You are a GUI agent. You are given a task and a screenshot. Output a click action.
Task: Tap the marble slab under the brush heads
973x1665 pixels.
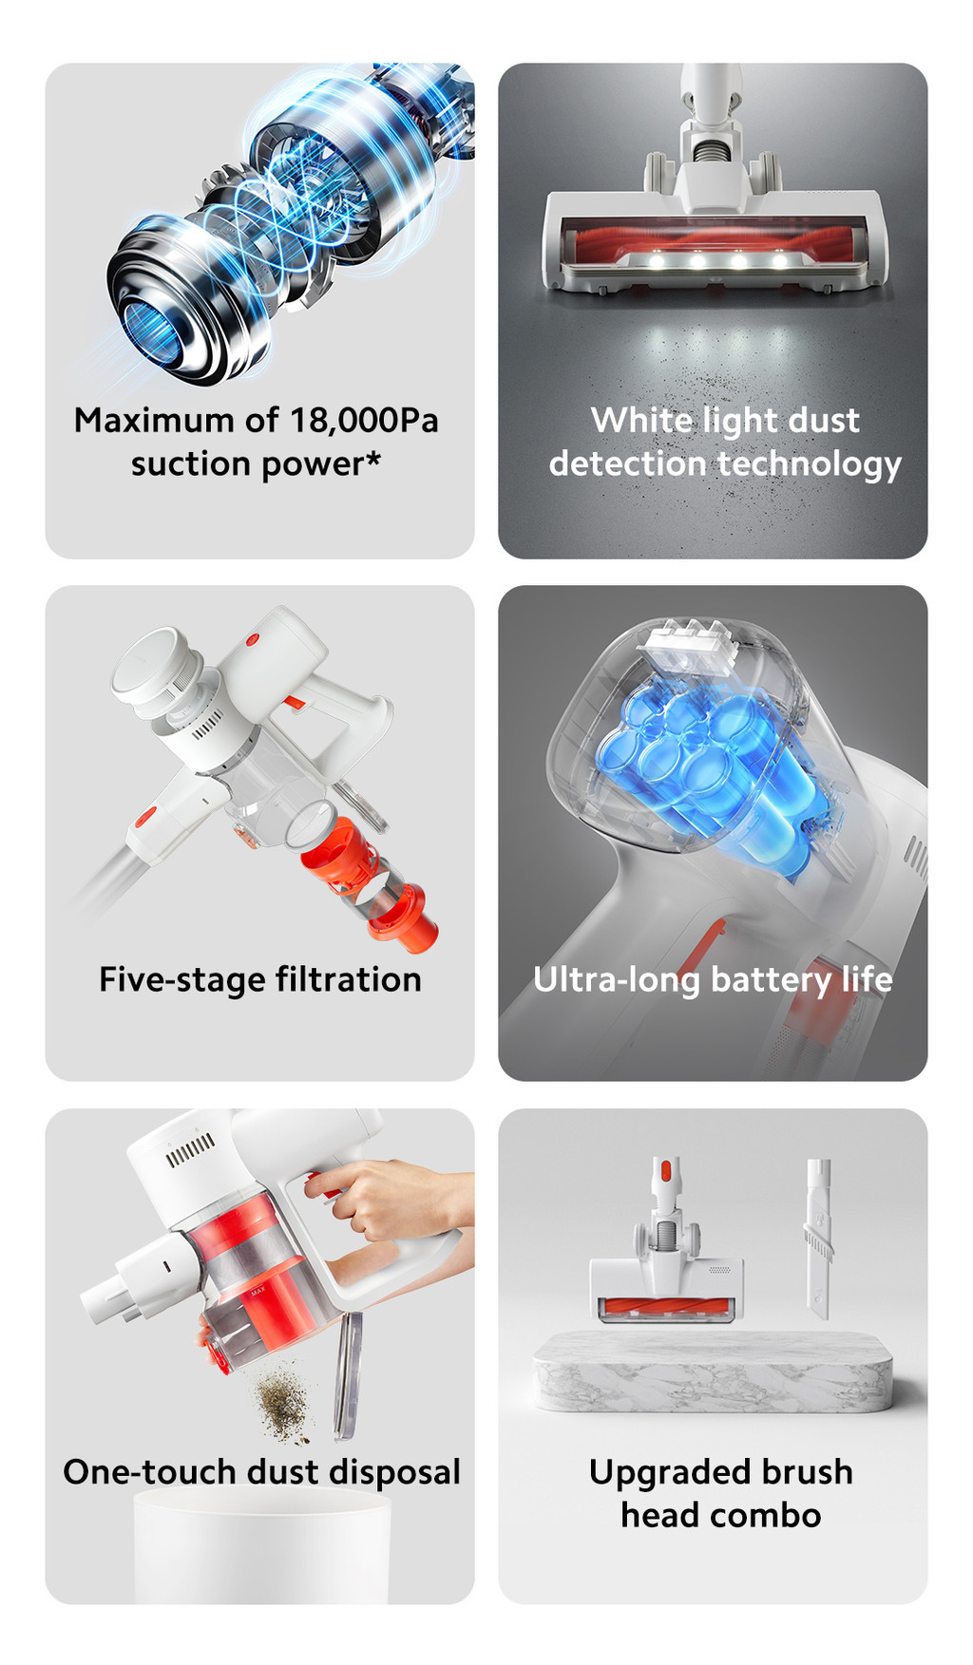(713, 1372)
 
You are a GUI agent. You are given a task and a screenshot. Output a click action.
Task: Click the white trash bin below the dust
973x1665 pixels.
(261, 1548)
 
